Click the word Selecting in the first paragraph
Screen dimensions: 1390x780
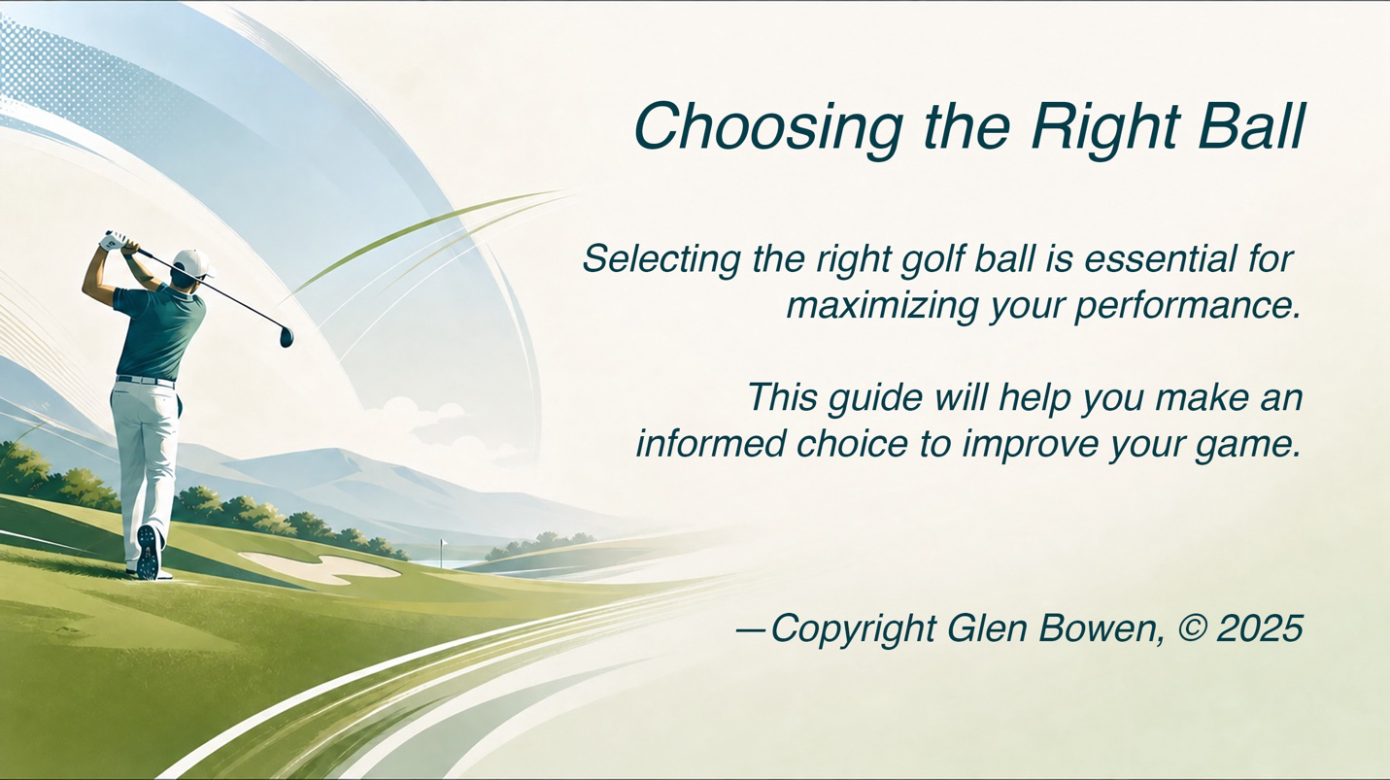point(661,259)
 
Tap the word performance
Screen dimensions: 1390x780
point(1187,307)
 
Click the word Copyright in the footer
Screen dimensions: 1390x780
point(853,629)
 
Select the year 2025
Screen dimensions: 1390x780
point(1260,628)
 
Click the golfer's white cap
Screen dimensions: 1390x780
point(192,262)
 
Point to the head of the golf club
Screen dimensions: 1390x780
point(287,336)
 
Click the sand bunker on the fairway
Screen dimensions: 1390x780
point(321,567)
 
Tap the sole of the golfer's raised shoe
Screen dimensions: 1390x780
point(149,552)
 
